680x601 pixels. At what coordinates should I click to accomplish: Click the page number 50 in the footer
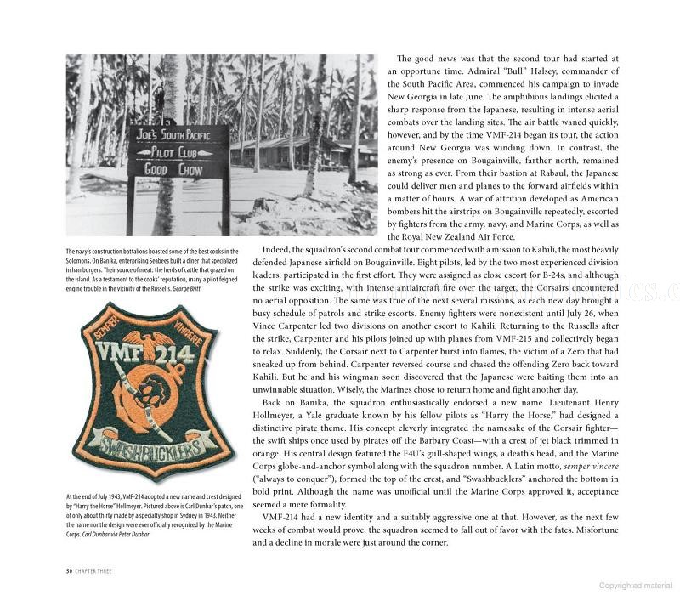[70, 570]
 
